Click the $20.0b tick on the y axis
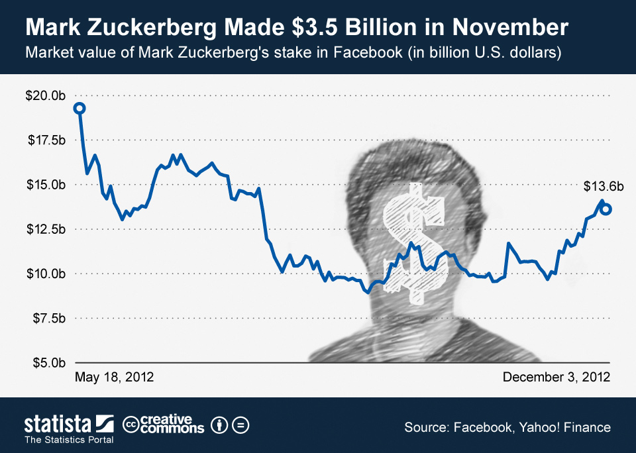(x=45, y=95)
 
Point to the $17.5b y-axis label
(x=45, y=140)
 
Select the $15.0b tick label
(x=45, y=184)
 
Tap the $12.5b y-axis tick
(x=45, y=229)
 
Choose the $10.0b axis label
(x=45, y=274)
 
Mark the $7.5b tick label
(x=48, y=318)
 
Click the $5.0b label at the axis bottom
(x=48, y=363)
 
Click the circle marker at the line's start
(x=79, y=108)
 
